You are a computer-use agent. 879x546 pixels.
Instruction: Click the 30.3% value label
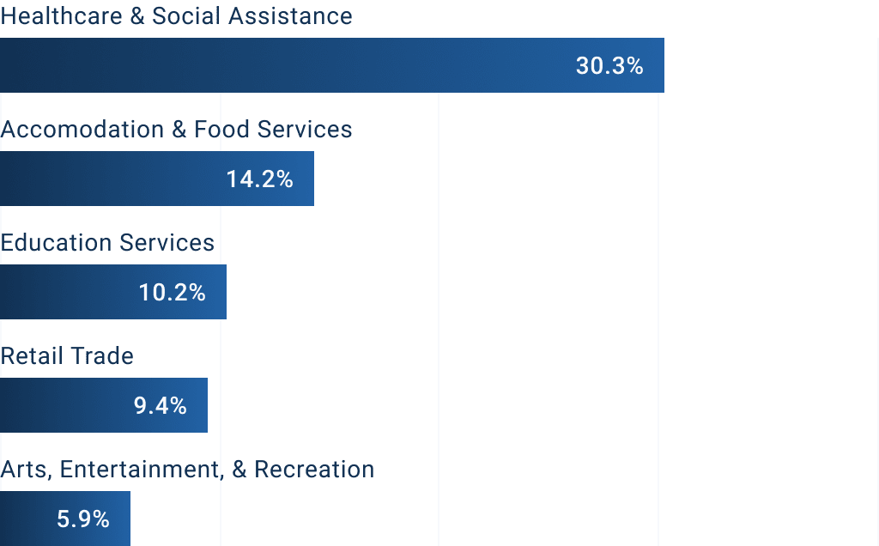(x=609, y=66)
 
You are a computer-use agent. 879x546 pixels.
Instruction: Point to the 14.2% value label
(x=260, y=179)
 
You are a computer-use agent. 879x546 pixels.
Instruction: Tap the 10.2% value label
(x=173, y=293)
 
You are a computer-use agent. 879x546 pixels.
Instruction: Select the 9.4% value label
(x=161, y=406)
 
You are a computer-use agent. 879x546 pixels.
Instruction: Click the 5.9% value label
(x=83, y=519)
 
